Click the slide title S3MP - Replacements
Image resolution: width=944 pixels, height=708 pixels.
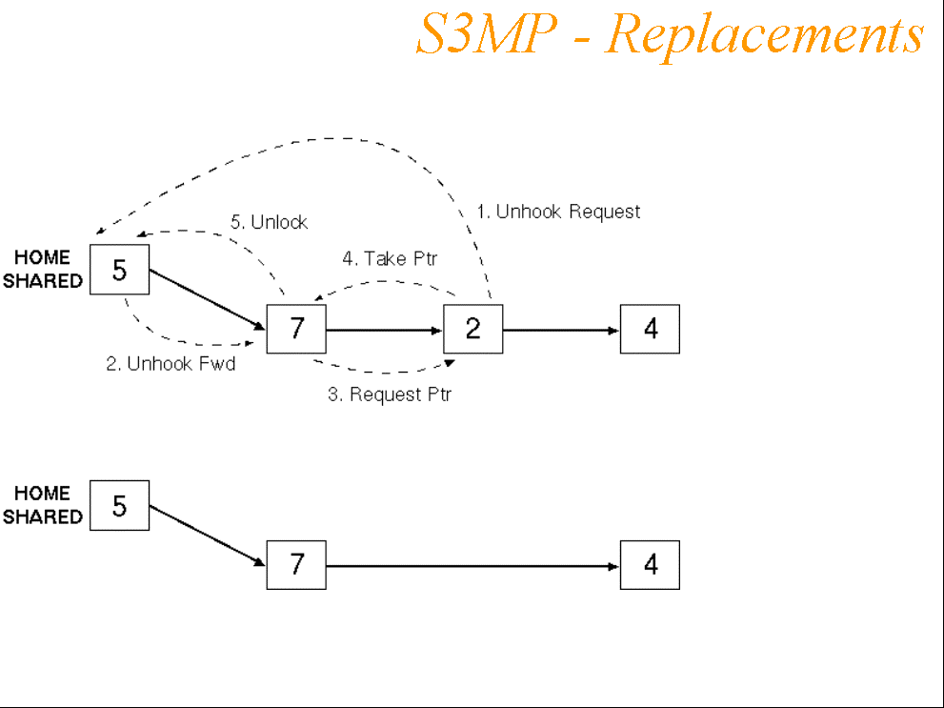(670, 36)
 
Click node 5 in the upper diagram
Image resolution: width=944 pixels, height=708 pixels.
(119, 271)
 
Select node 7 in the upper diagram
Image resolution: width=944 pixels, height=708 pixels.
(296, 330)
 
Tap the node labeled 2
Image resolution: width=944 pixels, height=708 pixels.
(473, 330)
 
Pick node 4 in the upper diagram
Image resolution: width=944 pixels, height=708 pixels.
(650, 330)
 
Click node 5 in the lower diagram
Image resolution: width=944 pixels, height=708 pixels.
(119, 505)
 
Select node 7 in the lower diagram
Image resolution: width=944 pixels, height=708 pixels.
(296, 565)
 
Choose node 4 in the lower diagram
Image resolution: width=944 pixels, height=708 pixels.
(650, 565)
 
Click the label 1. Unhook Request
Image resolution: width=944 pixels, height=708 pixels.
(558, 212)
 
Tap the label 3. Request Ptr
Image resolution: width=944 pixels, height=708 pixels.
(390, 394)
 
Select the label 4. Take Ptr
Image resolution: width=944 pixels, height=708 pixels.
(390, 259)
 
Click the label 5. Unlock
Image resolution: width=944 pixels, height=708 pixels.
(270, 222)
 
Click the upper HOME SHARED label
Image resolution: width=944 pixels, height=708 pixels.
(43, 270)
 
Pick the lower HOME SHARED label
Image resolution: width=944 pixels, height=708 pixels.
(43, 505)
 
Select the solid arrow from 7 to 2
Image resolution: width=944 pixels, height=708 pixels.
(385, 331)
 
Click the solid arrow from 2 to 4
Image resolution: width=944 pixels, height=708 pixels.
(562, 331)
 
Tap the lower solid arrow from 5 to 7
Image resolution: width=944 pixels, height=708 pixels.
(207, 535)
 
